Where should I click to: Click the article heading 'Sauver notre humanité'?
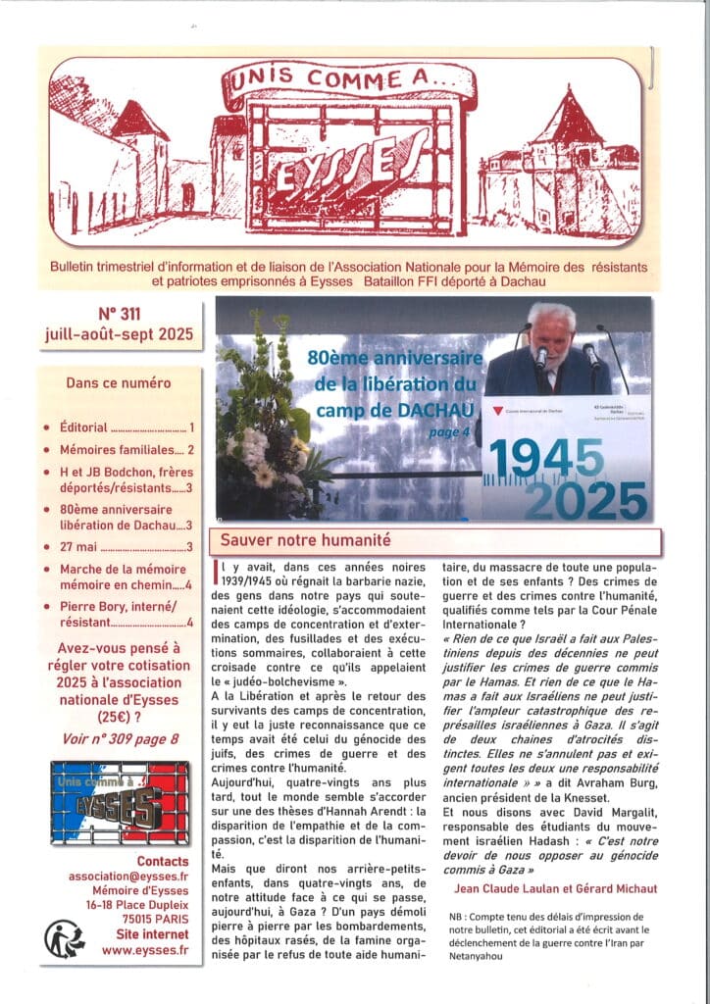coord(306,540)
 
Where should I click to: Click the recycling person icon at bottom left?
coord(65,938)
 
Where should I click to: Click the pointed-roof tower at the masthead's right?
coord(566,127)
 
